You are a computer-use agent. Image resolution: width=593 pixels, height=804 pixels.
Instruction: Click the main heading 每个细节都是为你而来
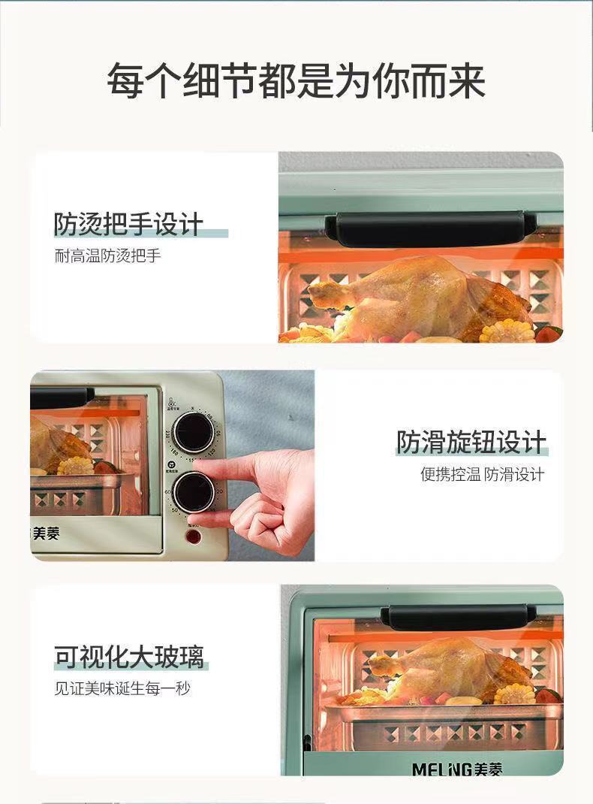pos(296,81)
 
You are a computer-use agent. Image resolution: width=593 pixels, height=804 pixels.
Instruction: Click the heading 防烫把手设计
pos(128,224)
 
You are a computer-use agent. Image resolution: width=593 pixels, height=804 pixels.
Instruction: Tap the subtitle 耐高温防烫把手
pos(107,255)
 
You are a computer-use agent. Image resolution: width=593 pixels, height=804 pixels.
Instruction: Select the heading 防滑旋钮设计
pos(471,443)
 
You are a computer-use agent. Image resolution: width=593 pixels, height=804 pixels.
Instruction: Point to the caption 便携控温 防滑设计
pos(482,474)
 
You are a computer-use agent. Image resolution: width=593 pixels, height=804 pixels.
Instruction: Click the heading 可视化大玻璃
pos(128,657)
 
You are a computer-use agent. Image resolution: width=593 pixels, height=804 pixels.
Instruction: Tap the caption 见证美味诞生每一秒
pos(122,688)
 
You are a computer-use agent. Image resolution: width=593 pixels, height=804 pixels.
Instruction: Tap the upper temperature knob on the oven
pos(193,432)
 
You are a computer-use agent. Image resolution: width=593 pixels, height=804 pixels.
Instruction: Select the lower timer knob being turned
pos(194,492)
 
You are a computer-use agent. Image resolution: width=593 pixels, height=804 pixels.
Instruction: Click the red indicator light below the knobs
pos(194,537)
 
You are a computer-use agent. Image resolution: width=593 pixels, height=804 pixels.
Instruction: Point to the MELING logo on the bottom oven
pos(457,769)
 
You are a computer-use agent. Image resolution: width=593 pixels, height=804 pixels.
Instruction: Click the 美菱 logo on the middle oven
pos(47,533)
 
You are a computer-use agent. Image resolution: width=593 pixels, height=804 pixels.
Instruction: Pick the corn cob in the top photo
pos(507,331)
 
